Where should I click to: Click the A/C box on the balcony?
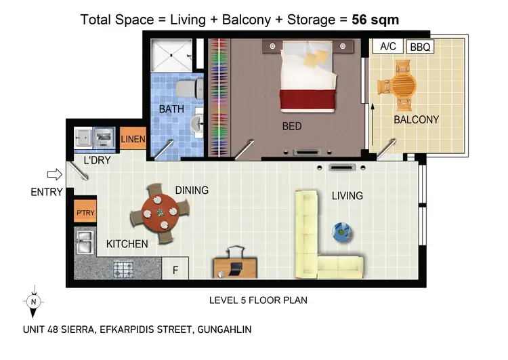click(388, 46)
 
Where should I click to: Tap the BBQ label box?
click(419, 47)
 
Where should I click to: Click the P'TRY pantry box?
click(85, 212)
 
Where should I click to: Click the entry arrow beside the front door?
click(56, 175)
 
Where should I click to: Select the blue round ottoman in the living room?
click(342, 232)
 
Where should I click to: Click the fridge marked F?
click(175, 269)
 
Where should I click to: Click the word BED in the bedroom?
click(292, 126)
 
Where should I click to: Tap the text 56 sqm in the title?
click(375, 19)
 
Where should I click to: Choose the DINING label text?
click(192, 190)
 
